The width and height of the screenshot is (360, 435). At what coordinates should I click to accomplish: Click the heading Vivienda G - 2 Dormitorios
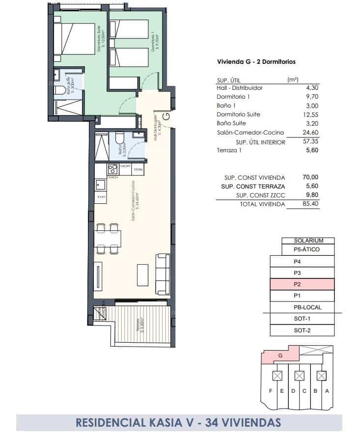click(256, 62)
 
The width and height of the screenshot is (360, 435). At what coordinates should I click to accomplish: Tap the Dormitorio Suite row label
click(239, 114)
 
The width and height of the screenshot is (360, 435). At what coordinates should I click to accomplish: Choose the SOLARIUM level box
click(308, 241)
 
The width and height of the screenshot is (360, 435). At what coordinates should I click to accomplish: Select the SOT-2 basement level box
click(302, 330)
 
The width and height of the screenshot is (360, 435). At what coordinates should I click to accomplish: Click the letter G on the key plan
click(280, 354)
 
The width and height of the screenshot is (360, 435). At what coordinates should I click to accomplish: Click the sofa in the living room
click(163, 273)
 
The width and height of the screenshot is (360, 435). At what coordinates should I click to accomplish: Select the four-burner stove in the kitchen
click(112, 169)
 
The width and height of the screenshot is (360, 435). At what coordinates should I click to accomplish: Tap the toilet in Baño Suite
click(59, 90)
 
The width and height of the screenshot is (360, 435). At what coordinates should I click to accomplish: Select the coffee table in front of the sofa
click(142, 275)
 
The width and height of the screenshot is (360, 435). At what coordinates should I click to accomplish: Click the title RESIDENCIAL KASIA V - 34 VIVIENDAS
click(179, 422)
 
